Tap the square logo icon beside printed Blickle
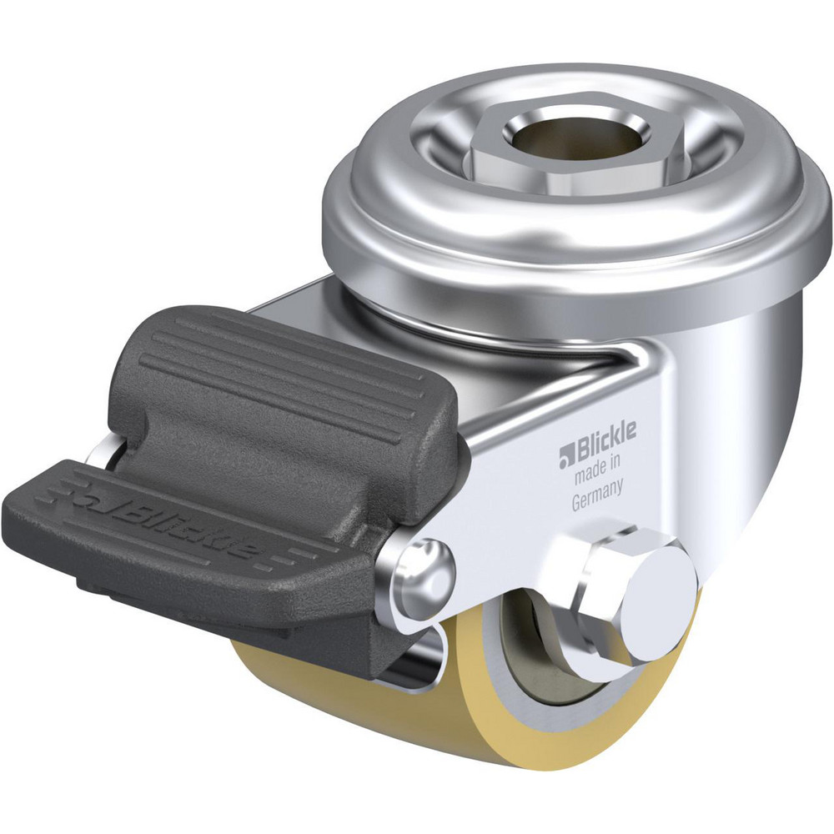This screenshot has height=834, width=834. (566, 453)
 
